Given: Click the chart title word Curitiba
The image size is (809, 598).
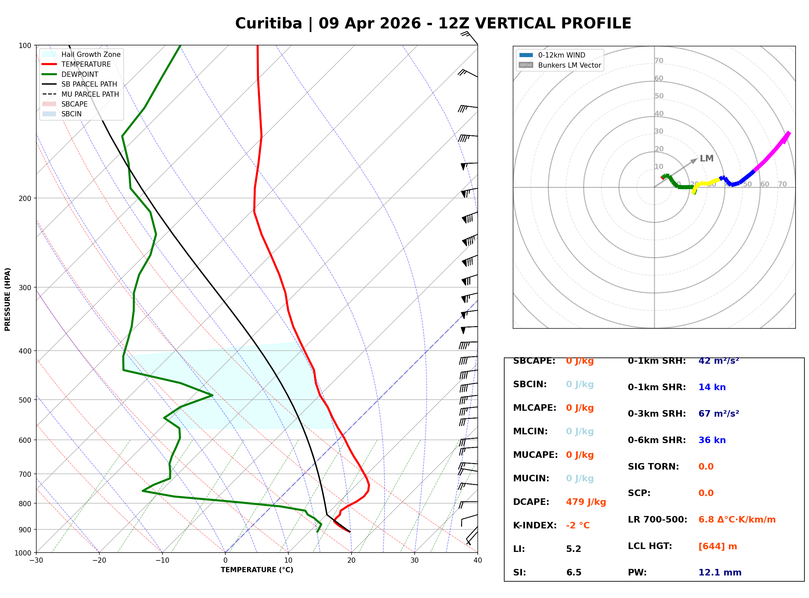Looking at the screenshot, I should (268, 24).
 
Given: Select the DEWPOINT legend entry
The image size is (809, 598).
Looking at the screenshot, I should (80, 74).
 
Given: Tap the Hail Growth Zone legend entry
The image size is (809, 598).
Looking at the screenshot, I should (91, 54).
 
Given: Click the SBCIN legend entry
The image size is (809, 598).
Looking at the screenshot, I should (71, 114).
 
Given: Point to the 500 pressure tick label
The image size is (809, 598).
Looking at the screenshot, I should (25, 400).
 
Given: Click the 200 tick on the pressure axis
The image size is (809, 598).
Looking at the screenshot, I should (25, 198).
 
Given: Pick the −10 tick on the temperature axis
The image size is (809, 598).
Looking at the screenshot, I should (162, 560).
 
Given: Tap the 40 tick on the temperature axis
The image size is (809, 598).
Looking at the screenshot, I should (477, 560).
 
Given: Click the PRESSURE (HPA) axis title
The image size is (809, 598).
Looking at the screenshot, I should (8, 299).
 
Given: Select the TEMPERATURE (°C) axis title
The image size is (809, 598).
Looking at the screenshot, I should (257, 570).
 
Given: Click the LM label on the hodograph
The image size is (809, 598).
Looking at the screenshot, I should (706, 158).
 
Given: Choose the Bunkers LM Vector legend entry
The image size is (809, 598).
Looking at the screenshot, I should (569, 65).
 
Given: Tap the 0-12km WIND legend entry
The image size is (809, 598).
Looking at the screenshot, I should (561, 55).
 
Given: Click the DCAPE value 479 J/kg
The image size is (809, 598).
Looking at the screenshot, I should (586, 502).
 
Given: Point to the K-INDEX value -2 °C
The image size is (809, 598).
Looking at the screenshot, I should (577, 525).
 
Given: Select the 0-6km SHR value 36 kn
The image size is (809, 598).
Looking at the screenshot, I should (712, 440).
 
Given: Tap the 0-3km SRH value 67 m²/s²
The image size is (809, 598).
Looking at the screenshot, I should (718, 414).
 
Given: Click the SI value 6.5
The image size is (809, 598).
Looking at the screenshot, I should (574, 573).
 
